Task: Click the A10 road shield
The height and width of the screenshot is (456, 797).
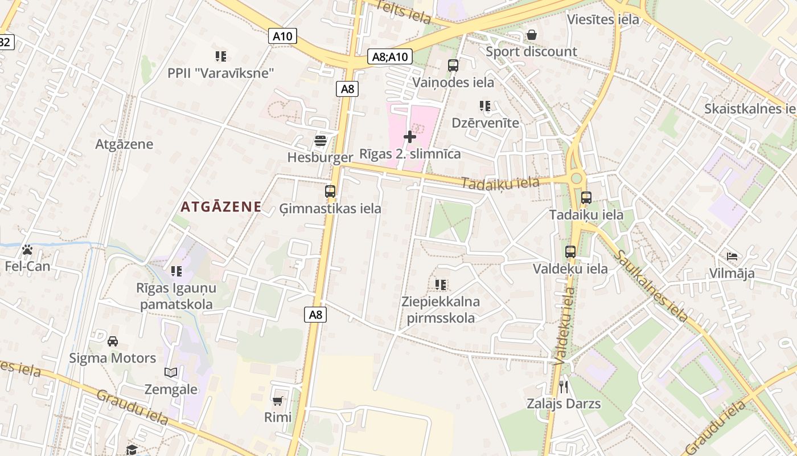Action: pyautogui.click(x=282, y=36)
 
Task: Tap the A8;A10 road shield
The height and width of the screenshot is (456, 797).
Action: pyautogui.click(x=390, y=56)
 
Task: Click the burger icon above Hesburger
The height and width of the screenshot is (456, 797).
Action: pyautogui.click(x=321, y=140)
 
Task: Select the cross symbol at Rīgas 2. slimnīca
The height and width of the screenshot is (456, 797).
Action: pyautogui.click(x=409, y=137)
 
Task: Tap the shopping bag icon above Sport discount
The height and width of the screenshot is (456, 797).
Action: pyautogui.click(x=531, y=35)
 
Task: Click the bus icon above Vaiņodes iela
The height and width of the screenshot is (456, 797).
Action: pyautogui.click(x=453, y=66)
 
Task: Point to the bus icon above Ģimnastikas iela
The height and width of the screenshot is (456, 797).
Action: pyautogui.click(x=330, y=192)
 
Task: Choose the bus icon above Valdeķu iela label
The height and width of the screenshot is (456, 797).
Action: pyautogui.click(x=570, y=252)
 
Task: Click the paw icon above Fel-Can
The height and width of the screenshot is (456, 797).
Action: pyautogui.click(x=27, y=250)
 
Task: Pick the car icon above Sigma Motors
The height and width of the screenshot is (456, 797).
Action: pyautogui.click(x=113, y=341)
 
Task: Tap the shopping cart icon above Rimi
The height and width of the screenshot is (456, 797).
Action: pyautogui.click(x=278, y=401)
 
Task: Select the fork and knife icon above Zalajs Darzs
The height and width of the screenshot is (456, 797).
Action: pyautogui.click(x=564, y=388)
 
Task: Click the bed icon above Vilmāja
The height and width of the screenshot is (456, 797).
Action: pyautogui.click(x=732, y=256)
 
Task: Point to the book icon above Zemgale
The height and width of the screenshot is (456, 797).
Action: pyautogui.click(x=171, y=373)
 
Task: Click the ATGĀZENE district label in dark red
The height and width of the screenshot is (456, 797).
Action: pyautogui.click(x=221, y=207)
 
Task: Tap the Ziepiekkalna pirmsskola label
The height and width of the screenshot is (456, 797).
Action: pyautogui.click(x=441, y=310)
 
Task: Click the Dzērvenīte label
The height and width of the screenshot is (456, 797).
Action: pyautogui.click(x=486, y=123)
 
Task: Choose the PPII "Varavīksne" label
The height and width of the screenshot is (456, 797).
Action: pyautogui.click(x=221, y=73)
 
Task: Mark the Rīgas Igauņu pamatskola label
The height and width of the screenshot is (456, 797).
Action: pyautogui.click(x=176, y=296)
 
